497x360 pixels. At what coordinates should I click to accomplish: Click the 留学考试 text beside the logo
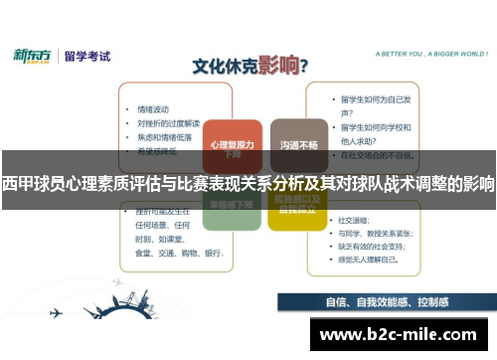point(88,56)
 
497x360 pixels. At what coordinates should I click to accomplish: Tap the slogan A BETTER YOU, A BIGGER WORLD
point(418,55)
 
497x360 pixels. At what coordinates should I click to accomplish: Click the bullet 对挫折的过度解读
point(165,123)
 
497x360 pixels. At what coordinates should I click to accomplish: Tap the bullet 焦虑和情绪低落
point(163,136)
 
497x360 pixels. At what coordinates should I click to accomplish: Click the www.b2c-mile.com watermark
point(402,334)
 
